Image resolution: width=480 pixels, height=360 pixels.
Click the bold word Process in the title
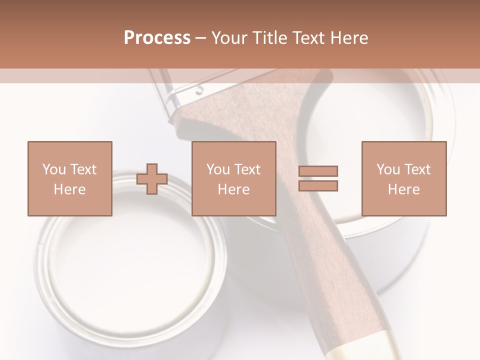(x=157, y=38)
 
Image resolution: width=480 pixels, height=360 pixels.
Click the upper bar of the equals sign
(x=318, y=171)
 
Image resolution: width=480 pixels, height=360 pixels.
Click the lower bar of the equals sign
(x=318, y=185)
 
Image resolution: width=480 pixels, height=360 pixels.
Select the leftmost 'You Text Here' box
(x=70, y=178)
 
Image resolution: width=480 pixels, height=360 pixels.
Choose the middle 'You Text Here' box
(x=234, y=178)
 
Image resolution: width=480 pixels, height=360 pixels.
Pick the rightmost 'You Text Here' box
(x=404, y=178)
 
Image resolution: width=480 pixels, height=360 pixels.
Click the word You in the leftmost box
(x=53, y=169)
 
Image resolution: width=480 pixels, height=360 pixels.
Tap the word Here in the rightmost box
(x=404, y=189)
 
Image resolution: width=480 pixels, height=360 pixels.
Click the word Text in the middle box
(x=246, y=169)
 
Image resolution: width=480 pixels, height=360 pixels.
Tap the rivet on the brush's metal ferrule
(x=199, y=91)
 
